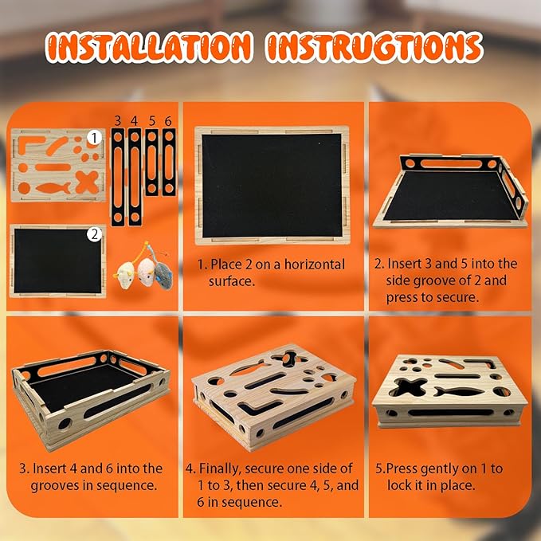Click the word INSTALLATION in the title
pyautogui.click(x=148, y=47)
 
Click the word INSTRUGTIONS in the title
pyautogui.click(x=374, y=47)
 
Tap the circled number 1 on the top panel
pyautogui.click(x=94, y=138)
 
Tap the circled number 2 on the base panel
pyautogui.click(x=94, y=234)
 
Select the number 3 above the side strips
pyautogui.click(x=118, y=121)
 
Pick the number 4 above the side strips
pyautogui.click(x=134, y=121)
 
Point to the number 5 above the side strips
pyautogui.click(x=152, y=121)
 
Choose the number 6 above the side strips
pyautogui.click(x=168, y=121)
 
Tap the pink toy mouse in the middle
pyautogui.click(x=145, y=271)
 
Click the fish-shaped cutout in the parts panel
pyautogui.click(x=53, y=188)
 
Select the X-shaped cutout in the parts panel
pyautogui.click(x=88, y=182)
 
